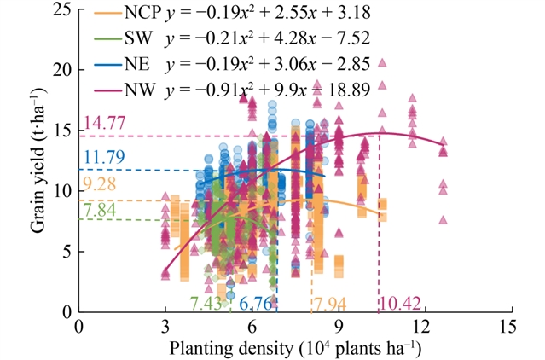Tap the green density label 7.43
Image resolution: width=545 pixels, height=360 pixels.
point(206,304)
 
